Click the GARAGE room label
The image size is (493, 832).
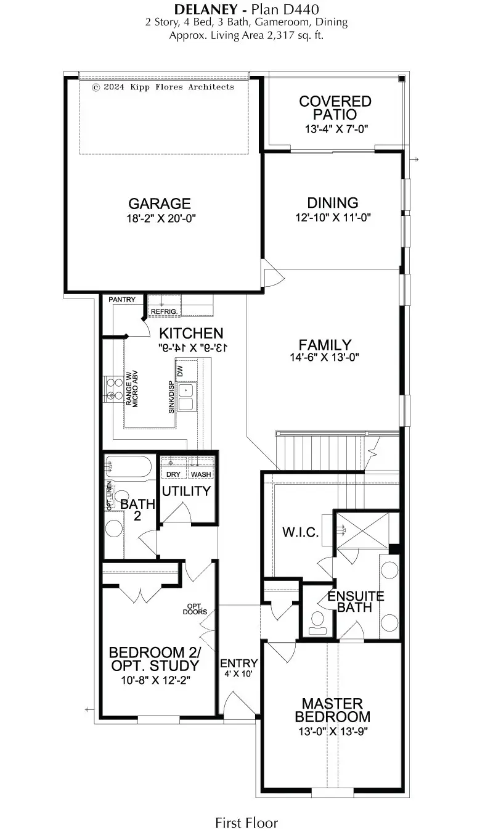pos(159,204)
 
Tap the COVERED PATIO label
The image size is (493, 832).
pos(335,108)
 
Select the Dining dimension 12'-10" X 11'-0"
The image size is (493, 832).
pos(333,217)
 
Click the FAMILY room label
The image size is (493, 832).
pos(325,345)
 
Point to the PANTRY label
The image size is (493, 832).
pos(121,300)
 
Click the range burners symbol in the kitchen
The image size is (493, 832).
pos(113,390)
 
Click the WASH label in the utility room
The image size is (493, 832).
pos(200,474)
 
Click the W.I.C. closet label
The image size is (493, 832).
pos(301,532)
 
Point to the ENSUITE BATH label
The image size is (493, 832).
pos(356,601)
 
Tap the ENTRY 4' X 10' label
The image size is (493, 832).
pos(239,668)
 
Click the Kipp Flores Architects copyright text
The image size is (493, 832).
pos(163,88)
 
